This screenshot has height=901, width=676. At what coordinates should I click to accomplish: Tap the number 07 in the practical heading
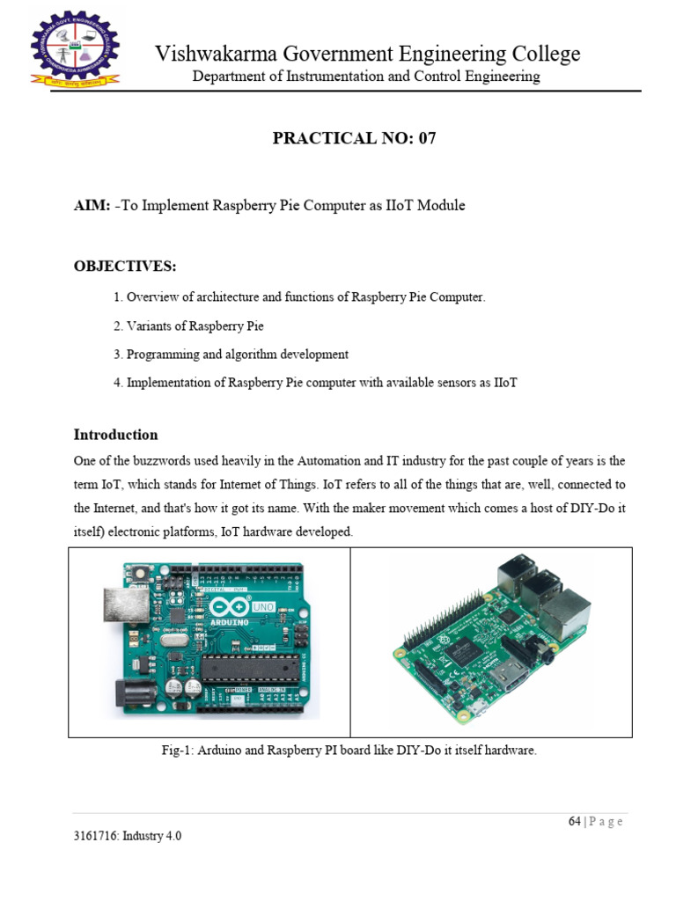click(x=425, y=138)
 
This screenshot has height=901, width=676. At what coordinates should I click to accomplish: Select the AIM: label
click(x=92, y=206)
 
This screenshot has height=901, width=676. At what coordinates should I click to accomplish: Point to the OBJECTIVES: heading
click(x=125, y=267)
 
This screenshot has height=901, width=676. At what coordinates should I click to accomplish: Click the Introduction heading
click(x=115, y=435)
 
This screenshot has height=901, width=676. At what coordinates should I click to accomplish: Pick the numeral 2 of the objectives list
click(x=117, y=326)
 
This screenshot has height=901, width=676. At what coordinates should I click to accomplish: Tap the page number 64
click(x=575, y=822)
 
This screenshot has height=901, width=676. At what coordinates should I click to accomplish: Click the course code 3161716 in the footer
click(x=99, y=837)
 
